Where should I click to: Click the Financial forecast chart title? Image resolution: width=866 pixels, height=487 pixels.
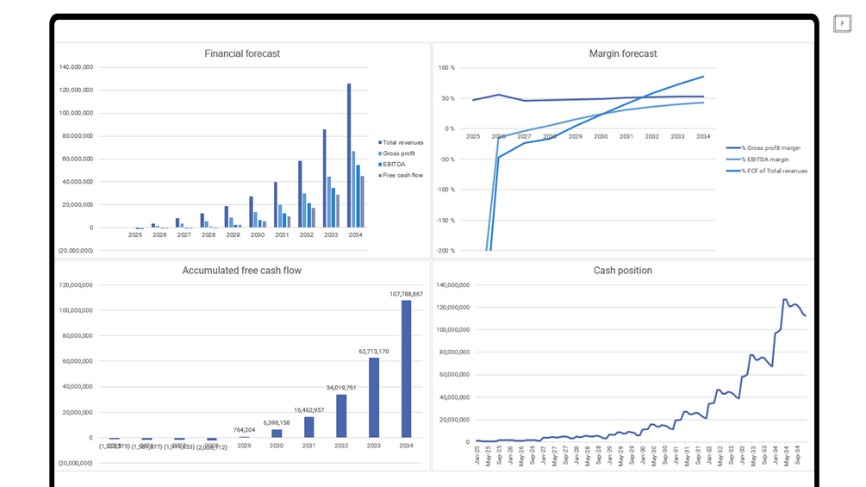pyautogui.click(x=242, y=53)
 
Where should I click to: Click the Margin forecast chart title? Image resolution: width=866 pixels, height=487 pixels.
pyautogui.click(x=622, y=53)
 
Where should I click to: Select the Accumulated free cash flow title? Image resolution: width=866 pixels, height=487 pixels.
pyautogui.click(x=242, y=271)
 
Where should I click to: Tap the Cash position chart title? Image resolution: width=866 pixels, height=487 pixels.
pyautogui.click(x=622, y=271)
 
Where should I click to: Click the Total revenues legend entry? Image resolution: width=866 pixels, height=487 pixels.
pyautogui.click(x=402, y=142)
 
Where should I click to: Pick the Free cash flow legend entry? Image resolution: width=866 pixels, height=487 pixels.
pyautogui.click(x=402, y=175)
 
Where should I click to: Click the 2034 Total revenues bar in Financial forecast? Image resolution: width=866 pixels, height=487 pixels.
pyautogui.click(x=349, y=155)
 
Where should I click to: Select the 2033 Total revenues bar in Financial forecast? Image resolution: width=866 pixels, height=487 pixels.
pyautogui.click(x=324, y=178)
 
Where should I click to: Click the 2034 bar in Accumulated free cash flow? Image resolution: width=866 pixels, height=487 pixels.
pyautogui.click(x=406, y=369)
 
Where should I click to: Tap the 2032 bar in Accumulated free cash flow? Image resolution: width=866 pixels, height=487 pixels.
pyautogui.click(x=341, y=416)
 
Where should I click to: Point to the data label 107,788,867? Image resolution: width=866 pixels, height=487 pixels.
pyautogui.click(x=406, y=294)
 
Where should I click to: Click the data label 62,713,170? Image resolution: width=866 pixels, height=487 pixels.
pyautogui.click(x=373, y=352)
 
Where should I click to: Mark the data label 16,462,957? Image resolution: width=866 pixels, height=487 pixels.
pyautogui.click(x=308, y=410)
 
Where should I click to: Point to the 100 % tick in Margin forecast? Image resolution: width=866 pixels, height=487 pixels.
pyautogui.click(x=446, y=67)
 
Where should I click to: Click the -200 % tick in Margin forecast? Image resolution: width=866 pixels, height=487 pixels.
pyautogui.click(x=445, y=251)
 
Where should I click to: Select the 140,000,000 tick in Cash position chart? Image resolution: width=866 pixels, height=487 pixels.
pyautogui.click(x=452, y=285)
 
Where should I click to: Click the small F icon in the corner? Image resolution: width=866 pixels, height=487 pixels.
pyautogui.click(x=842, y=24)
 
